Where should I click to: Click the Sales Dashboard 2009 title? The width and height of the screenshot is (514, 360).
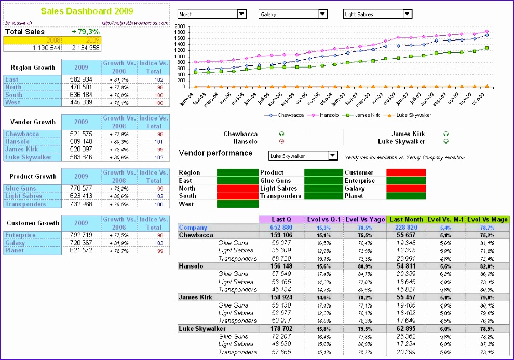[87, 11]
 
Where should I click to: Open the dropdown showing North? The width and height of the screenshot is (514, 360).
[212, 14]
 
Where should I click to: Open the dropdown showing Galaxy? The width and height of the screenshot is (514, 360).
[293, 14]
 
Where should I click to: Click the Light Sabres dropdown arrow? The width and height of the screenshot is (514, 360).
[408, 14]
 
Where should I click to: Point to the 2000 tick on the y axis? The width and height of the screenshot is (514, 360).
[180, 26]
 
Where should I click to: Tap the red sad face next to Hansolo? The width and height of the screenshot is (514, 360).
[281, 141]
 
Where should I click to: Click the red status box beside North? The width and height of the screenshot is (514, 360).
[237, 189]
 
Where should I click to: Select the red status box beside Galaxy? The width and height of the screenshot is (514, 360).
[406, 189]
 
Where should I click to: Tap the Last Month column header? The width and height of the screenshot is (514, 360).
[406, 220]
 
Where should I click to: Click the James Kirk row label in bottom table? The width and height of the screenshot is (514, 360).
[196, 297]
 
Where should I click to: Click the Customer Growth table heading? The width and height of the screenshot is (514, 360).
[33, 223]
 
